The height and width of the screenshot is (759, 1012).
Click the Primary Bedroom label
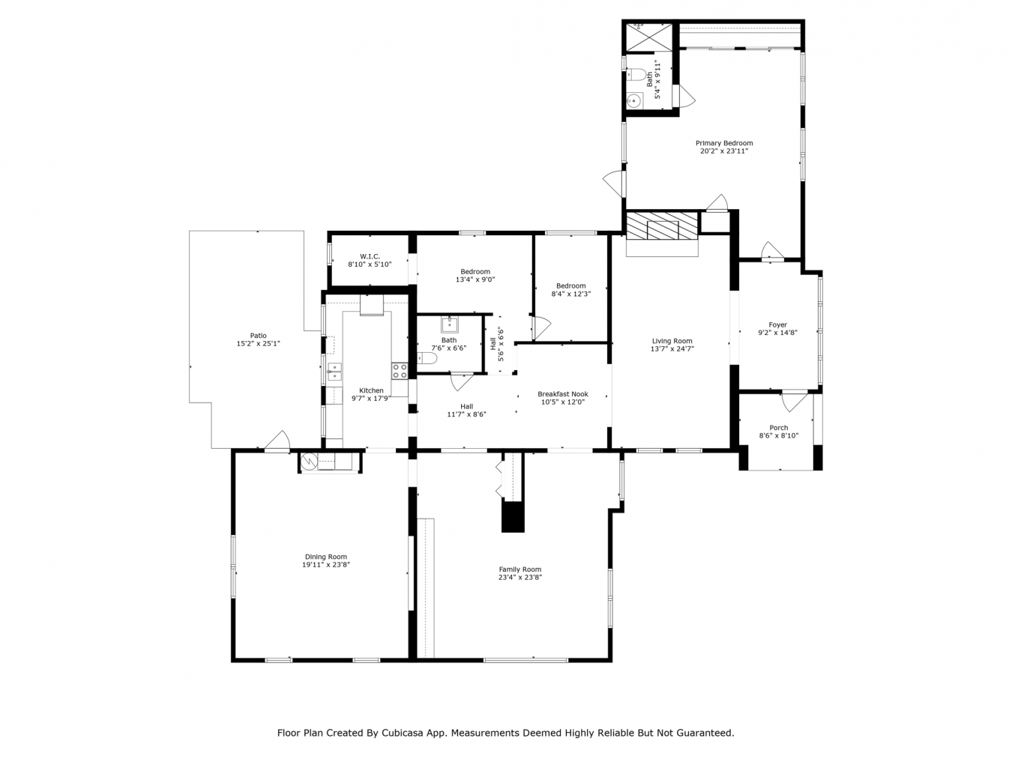pyautogui.click(x=723, y=143)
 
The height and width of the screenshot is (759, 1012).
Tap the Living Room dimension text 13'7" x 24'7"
pyautogui.click(x=672, y=349)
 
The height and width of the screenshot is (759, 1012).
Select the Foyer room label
pyautogui.click(x=777, y=325)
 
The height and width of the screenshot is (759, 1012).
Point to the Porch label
pyautogui.click(x=778, y=428)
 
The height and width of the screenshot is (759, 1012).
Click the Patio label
pyautogui.click(x=258, y=336)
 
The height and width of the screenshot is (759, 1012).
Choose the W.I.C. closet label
pyautogui.click(x=370, y=256)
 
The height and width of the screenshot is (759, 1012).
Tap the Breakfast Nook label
pyautogui.click(x=562, y=394)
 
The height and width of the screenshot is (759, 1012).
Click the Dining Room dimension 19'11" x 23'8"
pyautogui.click(x=325, y=565)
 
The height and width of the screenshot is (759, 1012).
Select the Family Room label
pyautogui.click(x=519, y=569)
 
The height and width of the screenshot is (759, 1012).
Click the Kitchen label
pyautogui.click(x=371, y=390)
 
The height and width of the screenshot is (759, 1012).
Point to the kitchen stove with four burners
pyautogui.click(x=400, y=370)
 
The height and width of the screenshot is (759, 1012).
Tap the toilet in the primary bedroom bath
pyautogui.click(x=638, y=74)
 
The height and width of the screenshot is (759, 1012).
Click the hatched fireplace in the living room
pyautogui.click(x=662, y=228)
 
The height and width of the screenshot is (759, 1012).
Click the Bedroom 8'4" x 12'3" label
pyautogui.click(x=570, y=285)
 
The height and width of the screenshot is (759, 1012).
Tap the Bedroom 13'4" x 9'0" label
pyautogui.click(x=475, y=272)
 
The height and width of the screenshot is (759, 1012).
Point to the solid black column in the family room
pyautogui.click(x=513, y=517)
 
